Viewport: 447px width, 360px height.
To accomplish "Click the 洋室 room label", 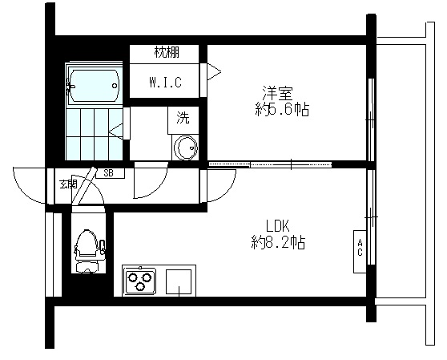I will pos(274,92).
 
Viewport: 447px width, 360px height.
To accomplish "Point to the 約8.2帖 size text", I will pos(278,241).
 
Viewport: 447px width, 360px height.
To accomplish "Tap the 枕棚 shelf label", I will pos(166,53).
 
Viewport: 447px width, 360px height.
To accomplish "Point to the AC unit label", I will pos(360,247).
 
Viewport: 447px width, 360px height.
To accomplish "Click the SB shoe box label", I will pos(108,172).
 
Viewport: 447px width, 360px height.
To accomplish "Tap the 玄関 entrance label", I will pos(67,184).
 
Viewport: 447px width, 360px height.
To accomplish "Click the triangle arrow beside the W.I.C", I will pos(213,71).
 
